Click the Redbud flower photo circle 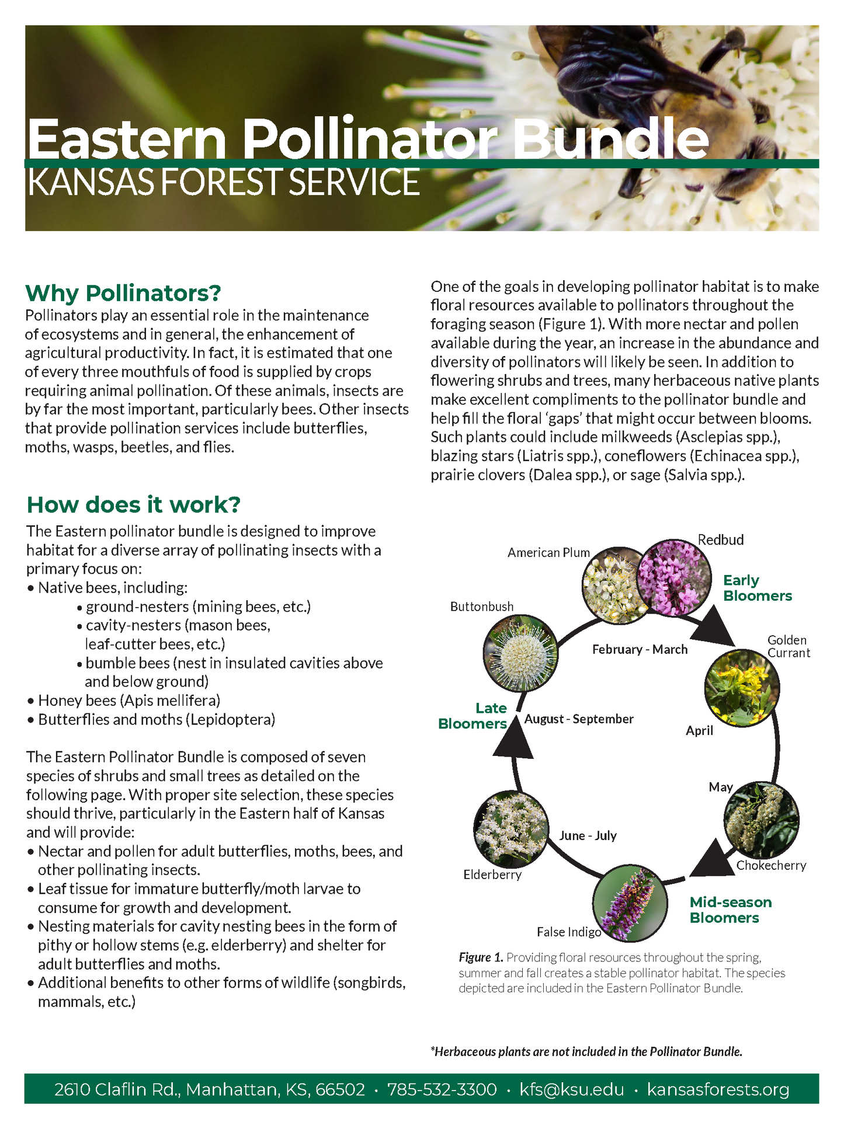point(673,577)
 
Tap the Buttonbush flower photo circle point(520,653)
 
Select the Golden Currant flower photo point(742,687)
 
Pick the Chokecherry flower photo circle point(761,820)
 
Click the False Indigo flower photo point(629,902)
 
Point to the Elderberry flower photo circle point(511,828)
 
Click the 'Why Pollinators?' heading point(123,293)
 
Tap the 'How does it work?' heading point(134,505)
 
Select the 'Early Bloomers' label point(757,588)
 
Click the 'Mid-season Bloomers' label point(730,910)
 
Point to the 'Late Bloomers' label point(473,716)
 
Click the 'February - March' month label point(640,649)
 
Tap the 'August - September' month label point(578,719)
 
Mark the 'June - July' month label point(588,835)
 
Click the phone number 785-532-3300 point(442,1089)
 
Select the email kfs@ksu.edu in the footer point(571,1089)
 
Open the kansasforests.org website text point(718,1089)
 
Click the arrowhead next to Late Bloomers point(515,740)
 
